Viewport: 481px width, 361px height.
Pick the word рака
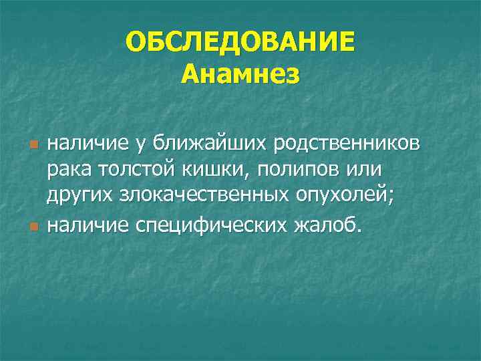[x=69, y=170]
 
